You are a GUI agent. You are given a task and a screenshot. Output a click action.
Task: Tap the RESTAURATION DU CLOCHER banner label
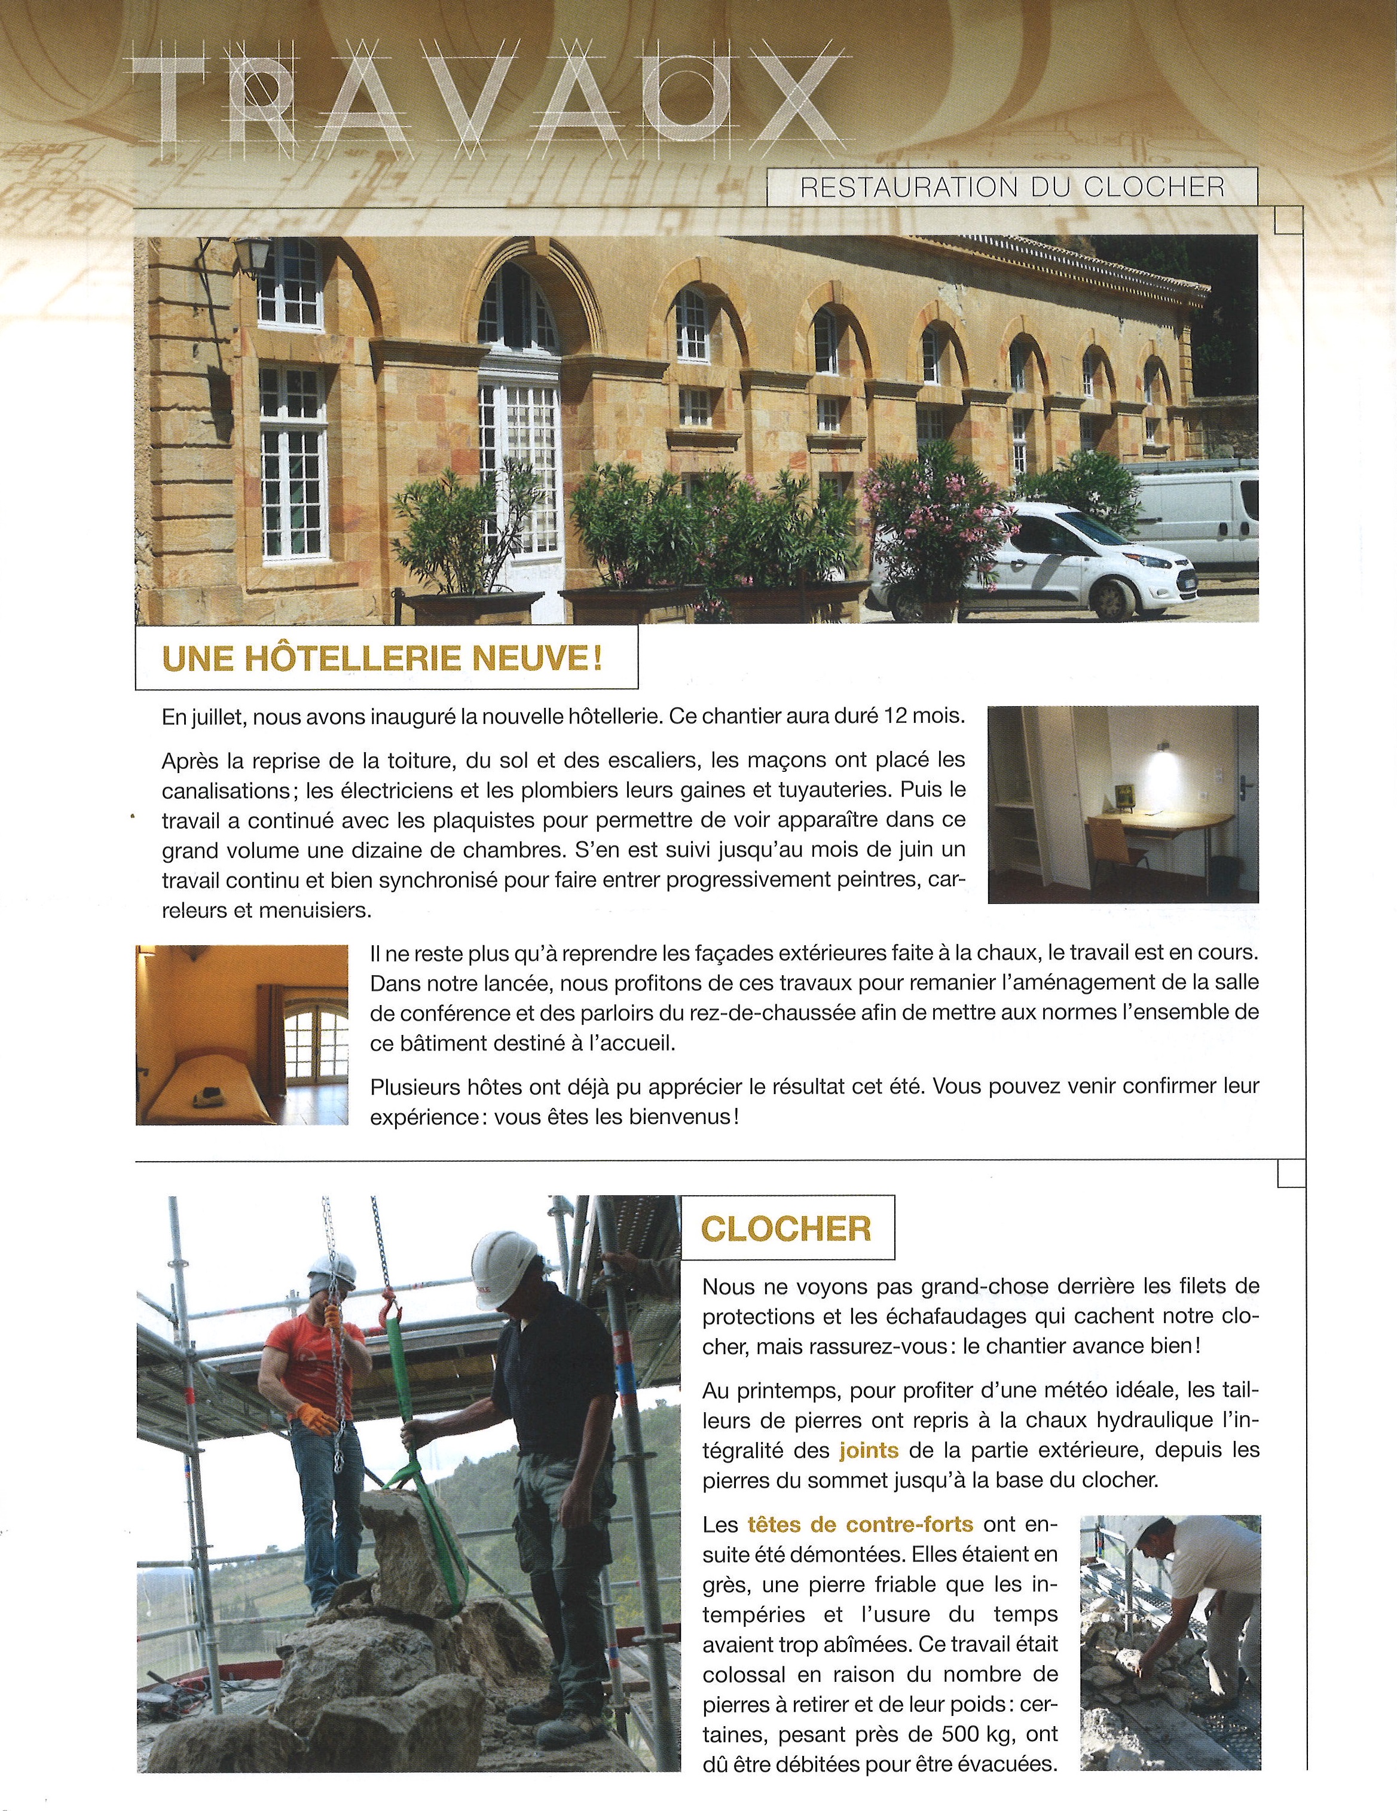pos(1011,187)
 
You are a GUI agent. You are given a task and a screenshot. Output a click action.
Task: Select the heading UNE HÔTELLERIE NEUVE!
pos(382,658)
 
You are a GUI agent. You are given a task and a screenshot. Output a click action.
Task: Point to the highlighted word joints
pos(870,1450)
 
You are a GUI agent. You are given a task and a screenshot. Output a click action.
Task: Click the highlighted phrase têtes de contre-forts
pos(860,1523)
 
